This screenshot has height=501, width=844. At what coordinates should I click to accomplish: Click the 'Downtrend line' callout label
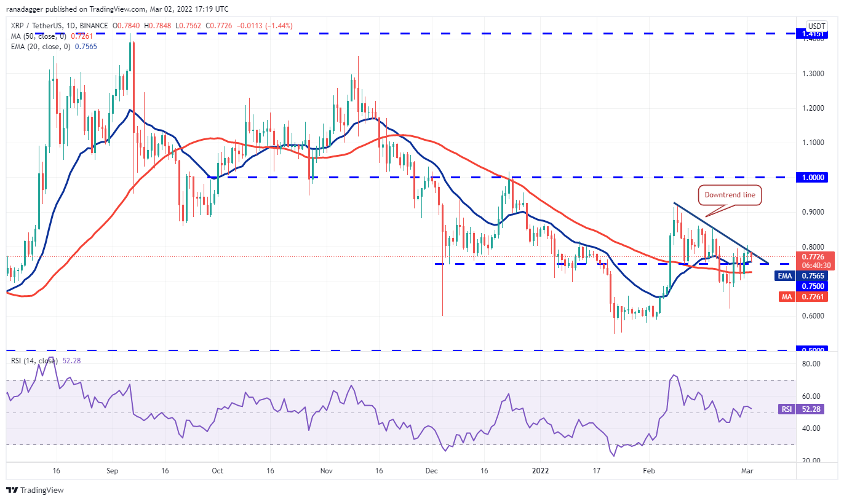(x=730, y=195)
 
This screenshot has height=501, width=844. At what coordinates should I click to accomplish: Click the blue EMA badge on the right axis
(x=784, y=276)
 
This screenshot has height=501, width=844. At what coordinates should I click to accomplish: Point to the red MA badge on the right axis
(x=784, y=297)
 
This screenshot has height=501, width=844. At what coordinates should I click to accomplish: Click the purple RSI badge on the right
(x=785, y=409)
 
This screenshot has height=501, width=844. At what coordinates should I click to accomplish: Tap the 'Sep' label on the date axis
(x=111, y=471)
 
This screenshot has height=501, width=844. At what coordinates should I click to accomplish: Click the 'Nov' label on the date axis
(x=327, y=471)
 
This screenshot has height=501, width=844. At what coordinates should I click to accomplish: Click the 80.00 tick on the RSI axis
(x=811, y=364)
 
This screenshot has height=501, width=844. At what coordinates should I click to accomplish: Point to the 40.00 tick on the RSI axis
(x=811, y=428)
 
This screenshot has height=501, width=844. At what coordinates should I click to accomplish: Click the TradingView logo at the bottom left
(x=35, y=490)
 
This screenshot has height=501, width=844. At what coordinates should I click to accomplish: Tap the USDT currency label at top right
(x=816, y=26)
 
